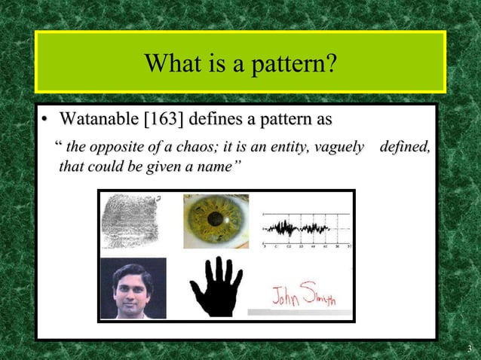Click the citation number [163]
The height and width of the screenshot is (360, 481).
click(159, 119)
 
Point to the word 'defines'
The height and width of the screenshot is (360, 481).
click(214, 119)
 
